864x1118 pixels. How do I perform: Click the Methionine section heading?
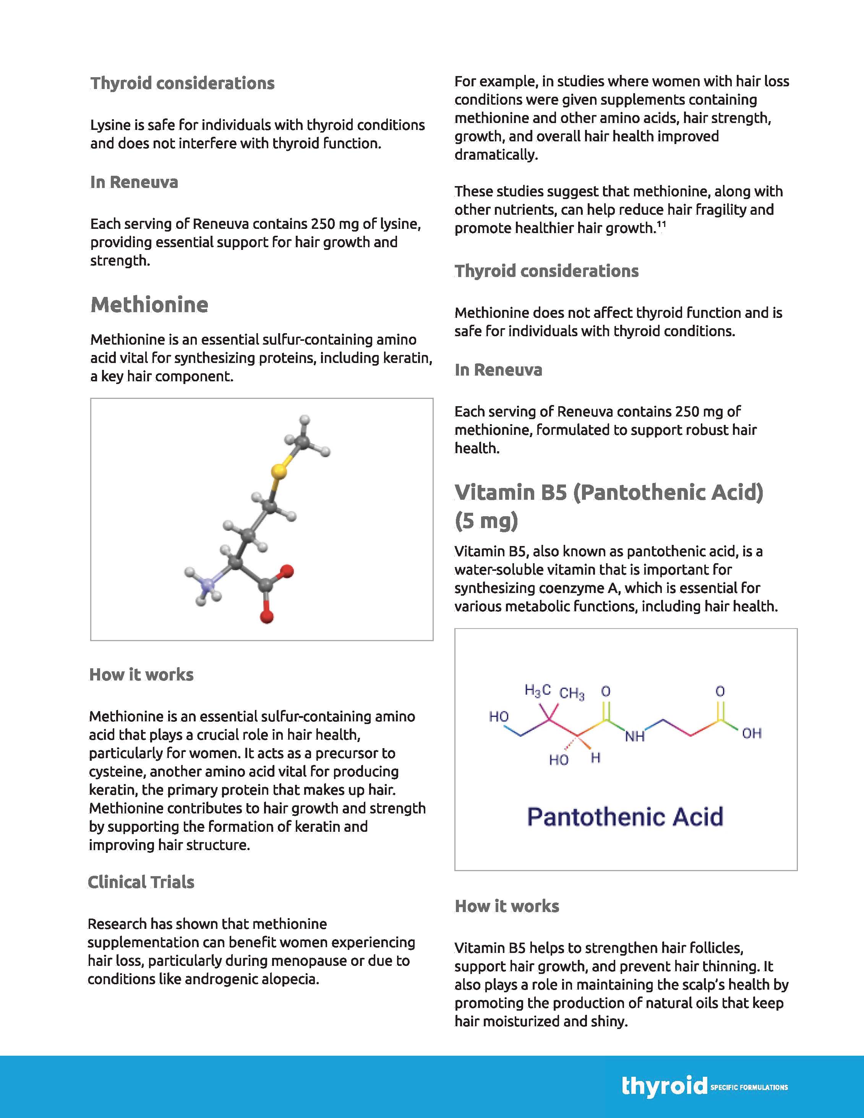(x=149, y=305)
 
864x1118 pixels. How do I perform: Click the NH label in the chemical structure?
(x=635, y=737)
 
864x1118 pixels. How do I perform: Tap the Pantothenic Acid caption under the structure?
(x=625, y=817)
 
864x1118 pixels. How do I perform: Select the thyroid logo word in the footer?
(x=664, y=1086)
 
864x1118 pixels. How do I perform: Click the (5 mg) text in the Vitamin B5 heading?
(x=486, y=521)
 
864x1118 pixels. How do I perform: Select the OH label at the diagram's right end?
(x=751, y=734)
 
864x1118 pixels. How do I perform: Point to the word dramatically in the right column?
(x=496, y=155)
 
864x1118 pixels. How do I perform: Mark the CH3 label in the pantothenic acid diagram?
(x=572, y=693)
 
